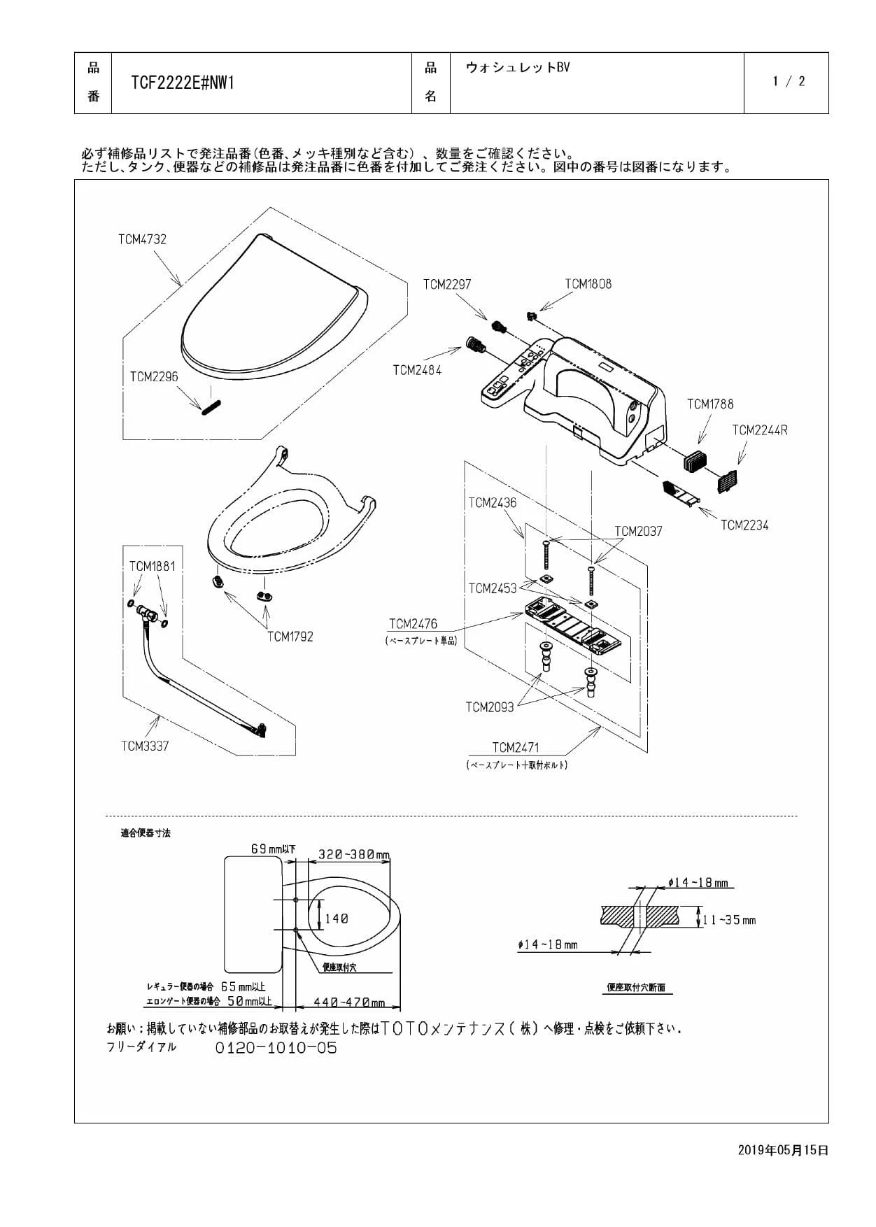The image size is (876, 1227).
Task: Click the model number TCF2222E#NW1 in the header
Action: click(182, 83)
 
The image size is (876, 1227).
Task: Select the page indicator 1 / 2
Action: click(789, 82)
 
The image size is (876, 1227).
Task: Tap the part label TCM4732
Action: click(142, 239)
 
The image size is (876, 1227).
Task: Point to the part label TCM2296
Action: click(154, 377)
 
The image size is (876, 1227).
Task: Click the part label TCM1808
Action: click(588, 284)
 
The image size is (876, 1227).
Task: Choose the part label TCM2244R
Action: click(760, 430)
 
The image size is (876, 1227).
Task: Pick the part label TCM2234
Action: click(744, 525)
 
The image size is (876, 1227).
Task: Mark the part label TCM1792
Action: click(290, 637)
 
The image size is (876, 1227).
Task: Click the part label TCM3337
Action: click(145, 746)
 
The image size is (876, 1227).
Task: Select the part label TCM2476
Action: click(413, 624)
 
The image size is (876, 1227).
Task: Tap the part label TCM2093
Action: click(490, 707)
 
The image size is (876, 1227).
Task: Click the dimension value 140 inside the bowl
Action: click(336, 919)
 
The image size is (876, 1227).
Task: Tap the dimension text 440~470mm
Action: click(349, 1002)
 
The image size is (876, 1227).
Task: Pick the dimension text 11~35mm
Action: click(730, 920)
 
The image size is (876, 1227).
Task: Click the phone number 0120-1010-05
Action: click(276, 1048)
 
